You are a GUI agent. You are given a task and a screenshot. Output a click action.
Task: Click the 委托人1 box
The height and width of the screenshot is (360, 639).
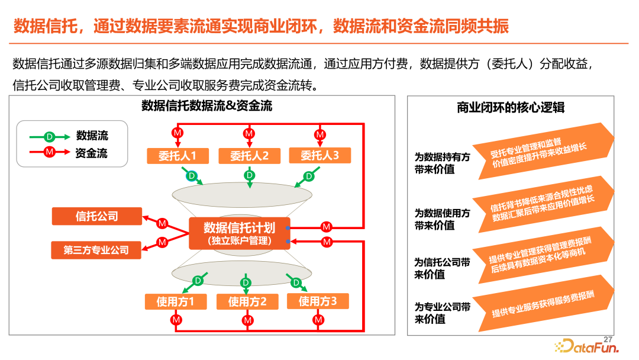(x=177, y=156)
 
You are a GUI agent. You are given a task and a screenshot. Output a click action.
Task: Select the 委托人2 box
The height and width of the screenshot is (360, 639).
(x=250, y=156)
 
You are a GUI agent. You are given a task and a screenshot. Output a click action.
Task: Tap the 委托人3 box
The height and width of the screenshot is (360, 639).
(x=320, y=155)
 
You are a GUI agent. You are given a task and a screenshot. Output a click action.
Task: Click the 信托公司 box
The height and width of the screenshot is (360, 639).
(x=97, y=216)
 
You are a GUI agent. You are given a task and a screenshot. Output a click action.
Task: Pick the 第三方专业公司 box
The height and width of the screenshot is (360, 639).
(x=96, y=250)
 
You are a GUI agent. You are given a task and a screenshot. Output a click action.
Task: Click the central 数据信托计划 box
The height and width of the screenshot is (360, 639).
(x=240, y=233)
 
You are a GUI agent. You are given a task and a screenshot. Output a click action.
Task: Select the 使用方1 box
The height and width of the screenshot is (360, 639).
(x=176, y=302)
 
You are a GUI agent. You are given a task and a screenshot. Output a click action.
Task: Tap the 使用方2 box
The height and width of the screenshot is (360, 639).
(x=247, y=302)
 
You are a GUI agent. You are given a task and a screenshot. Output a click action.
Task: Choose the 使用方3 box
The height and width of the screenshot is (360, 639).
(x=318, y=301)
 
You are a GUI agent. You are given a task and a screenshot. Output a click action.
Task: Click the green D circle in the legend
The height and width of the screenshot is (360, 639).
(x=49, y=137)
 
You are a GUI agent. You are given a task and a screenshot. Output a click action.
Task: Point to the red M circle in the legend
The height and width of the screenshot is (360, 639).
(x=49, y=152)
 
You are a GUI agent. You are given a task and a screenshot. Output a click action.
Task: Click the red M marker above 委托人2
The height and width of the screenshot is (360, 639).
(x=249, y=133)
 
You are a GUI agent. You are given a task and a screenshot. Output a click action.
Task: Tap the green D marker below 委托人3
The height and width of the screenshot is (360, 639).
(x=309, y=176)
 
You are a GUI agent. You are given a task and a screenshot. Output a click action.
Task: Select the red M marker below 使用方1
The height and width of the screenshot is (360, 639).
(x=176, y=320)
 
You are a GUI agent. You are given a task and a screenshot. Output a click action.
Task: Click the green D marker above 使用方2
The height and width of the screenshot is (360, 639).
(x=246, y=282)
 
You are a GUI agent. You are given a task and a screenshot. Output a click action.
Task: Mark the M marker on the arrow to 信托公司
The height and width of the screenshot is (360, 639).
(x=162, y=223)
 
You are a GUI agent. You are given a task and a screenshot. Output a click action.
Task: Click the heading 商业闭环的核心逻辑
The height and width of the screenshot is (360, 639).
(x=511, y=108)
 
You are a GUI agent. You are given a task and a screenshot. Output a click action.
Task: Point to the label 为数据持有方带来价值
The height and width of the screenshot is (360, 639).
(x=442, y=163)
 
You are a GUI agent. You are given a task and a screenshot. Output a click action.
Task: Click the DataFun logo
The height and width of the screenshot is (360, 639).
(x=587, y=346)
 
